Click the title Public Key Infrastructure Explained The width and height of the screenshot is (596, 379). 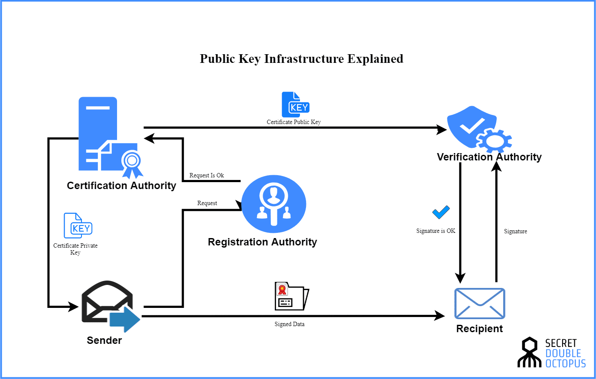301,59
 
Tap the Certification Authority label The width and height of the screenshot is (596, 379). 121,186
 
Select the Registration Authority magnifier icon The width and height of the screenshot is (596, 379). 274,204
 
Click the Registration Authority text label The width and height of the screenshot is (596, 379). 262,242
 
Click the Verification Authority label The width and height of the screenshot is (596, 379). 489,157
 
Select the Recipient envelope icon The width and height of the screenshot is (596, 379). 479,304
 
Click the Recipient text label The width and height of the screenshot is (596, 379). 479,329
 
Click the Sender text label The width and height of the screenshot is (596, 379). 104,340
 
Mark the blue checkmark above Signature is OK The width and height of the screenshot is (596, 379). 441,212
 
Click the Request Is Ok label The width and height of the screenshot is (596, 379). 206,176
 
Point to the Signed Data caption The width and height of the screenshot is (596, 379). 289,324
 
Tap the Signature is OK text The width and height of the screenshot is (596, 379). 436,231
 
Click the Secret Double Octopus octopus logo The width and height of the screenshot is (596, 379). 529,353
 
